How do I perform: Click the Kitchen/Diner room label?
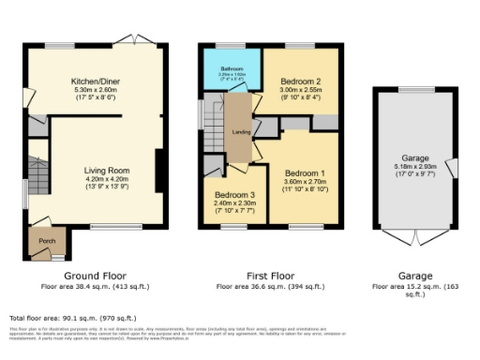[97, 82]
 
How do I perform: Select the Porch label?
[46, 240]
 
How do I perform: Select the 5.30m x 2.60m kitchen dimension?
[97, 90]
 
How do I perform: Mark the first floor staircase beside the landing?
[215, 120]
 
